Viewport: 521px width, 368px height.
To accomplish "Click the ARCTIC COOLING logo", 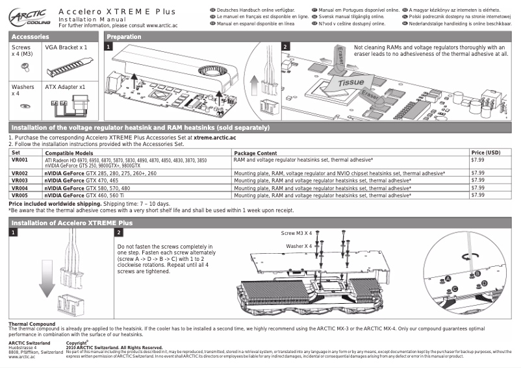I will pyautogui.click(x=27, y=15).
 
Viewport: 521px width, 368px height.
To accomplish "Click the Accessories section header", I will pyautogui.click(x=31, y=37).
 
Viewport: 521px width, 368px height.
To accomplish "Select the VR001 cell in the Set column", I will pyautogui.click(x=20, y=159).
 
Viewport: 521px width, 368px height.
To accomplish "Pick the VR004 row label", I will pyautogui.click(x=20, y=188).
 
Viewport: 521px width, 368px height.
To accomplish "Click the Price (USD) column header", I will pyautogui.click(x=485, y=152).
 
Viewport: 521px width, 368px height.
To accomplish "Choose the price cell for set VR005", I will pyautogui.click(x=477, y=195).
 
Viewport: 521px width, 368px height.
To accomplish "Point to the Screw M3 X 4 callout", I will pyautogui.click(x=296, y=232).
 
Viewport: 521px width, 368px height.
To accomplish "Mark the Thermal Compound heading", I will pyautogui.click(x=31, y=324).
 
